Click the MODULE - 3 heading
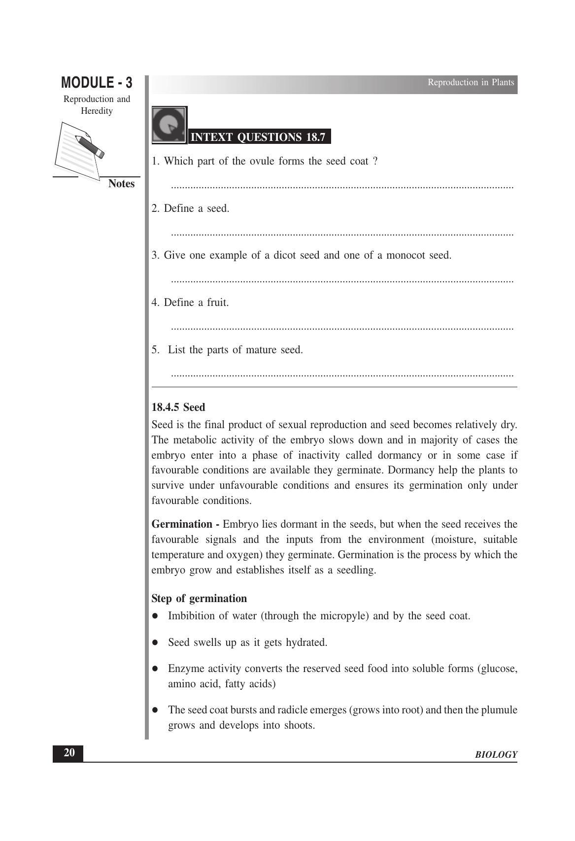click(x=97, y=82)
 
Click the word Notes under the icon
click(x=121, y=184)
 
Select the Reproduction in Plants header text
click(x=471, y=82)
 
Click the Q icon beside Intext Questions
click(x=169, y=125)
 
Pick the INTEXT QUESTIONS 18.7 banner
click(x=258, y=137)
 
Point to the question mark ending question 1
click(x=375, y=161)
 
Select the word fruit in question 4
click(x=217, y=303)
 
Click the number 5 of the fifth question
click(x=155, y=350)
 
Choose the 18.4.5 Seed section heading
click(x=178, y=407)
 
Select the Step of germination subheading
click(x=199, y=599)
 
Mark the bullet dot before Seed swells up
click(x=155, y=642)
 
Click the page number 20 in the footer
click(x=69, y=753)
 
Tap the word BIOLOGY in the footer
click(x=496, y=755)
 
